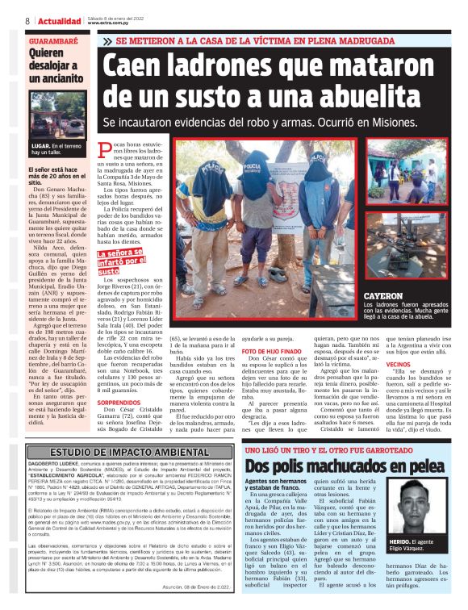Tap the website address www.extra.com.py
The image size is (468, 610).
tap(110, 23)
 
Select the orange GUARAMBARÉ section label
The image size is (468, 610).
tap(52, 39)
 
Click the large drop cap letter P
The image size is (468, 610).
tap(105, 147)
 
